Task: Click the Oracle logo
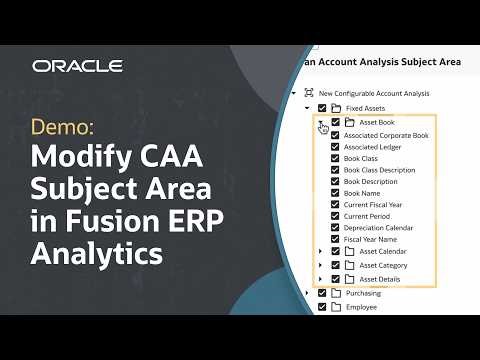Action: [77, 66]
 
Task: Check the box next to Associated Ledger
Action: [335, 146]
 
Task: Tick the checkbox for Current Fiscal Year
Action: [335, 204]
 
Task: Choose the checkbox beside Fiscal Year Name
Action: [335, 239]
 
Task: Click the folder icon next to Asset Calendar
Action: [349, 251]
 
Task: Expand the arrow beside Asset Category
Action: [319, 265]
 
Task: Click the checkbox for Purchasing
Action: [321, 293]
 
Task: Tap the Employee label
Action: [363, 307]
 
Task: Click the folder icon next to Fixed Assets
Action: [336, 108]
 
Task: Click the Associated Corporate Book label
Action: [386, 134]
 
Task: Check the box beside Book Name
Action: [335, 192]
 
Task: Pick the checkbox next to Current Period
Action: [335, 216]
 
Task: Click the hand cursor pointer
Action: [323, 129]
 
